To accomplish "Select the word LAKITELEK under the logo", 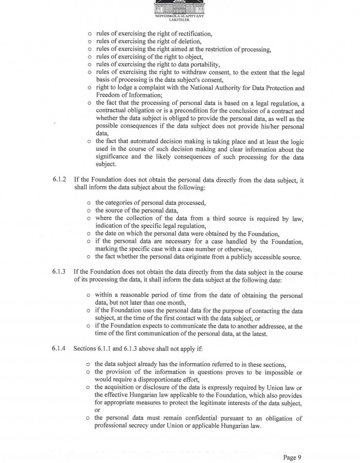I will [x=179, y=21].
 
